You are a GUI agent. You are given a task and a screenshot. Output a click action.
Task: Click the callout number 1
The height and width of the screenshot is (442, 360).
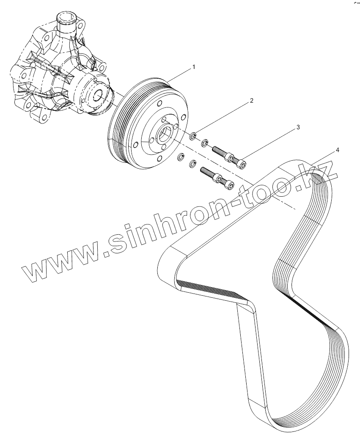click(x=193, y=67)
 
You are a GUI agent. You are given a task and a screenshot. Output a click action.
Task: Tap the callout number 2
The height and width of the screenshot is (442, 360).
click(x=251, y=101)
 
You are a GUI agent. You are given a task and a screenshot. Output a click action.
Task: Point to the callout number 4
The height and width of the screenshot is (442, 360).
click(x=337, y=150)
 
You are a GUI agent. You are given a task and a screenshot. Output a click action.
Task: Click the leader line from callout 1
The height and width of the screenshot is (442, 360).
click(x=180, y=74)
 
